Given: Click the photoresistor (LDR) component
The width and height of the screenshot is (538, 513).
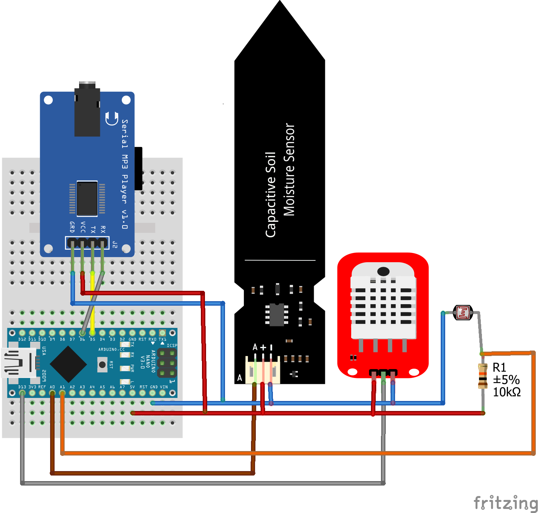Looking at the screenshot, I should pyautogui.click(x=463, y=312).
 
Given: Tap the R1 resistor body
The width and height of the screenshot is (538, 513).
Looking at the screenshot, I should pyautogui.click(x=483, y=376).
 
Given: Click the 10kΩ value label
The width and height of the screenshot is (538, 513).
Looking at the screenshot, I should pyautogui.click(x=506, y=392).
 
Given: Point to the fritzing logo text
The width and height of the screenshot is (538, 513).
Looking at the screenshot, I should pyautogui.click(x=506, y=503).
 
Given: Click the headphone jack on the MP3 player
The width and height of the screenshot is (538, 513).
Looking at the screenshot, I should pyautogui.click(x=87, y=109).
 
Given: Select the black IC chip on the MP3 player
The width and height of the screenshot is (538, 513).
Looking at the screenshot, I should pyautogui.click(x=87, y=198).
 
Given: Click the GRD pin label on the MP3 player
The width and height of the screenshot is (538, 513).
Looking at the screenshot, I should pyautogui.click(x=72, y=227).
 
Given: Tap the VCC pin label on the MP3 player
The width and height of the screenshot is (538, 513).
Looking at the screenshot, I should pyautogui.click(x=83, y=227).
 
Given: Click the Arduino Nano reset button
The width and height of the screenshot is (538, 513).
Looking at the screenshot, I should pyautogui.click(x=102, y=365).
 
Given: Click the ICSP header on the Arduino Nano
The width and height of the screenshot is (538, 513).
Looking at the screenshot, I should pyautogui.click(x=167, y=363).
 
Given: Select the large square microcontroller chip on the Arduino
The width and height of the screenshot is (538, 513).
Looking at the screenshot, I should pyautogui.click(x=68, y=364).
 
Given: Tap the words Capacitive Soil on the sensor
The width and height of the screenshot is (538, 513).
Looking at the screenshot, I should pyautogui.click(x=271, y=195).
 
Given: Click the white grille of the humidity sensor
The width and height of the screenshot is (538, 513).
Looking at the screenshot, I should pyautogui.click(x=383, y=304).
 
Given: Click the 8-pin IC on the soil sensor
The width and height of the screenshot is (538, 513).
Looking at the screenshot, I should pyautogui.click(x=277, y=315).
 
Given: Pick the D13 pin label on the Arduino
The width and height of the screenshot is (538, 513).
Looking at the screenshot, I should pyautogui.click(x=22, y=387).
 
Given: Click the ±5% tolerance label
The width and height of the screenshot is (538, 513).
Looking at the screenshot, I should pyautogui.click(x=506, y=380).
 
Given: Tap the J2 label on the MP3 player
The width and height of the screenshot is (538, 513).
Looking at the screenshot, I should pyautogui.click(x=115, y=244).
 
